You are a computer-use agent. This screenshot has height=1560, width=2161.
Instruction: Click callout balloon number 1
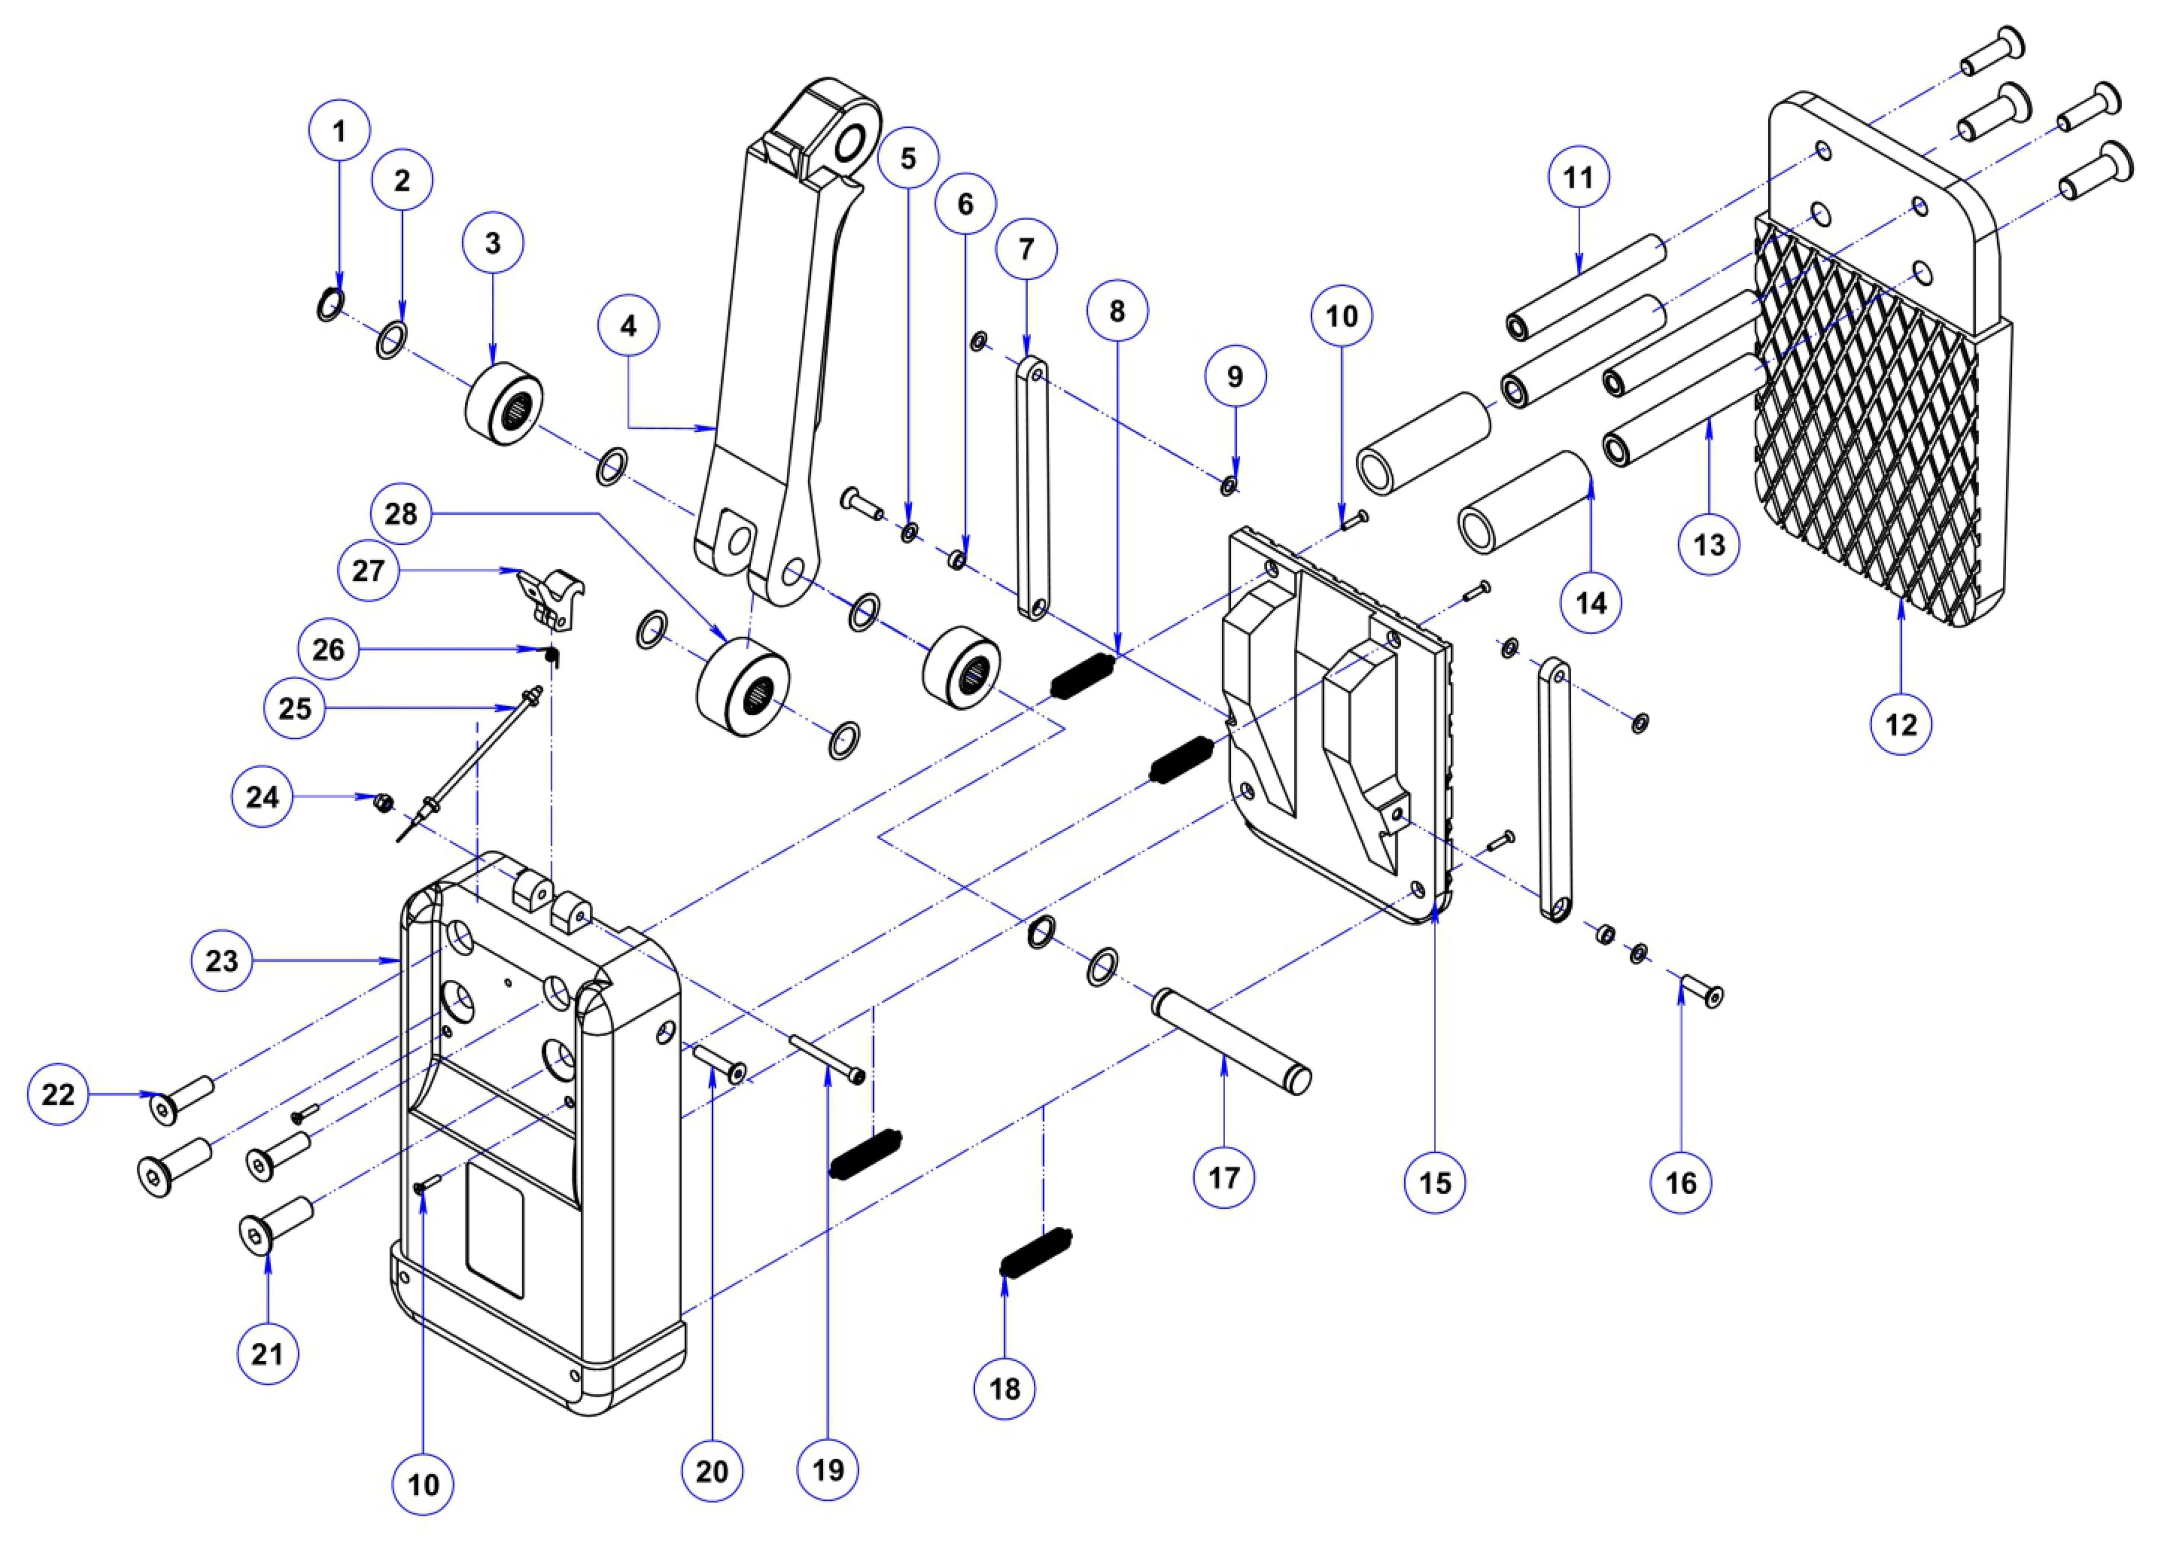coord(339,131)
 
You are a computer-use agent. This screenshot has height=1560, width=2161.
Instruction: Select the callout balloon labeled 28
coord(401,514)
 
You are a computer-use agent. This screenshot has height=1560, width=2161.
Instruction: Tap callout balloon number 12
coord(1901,724)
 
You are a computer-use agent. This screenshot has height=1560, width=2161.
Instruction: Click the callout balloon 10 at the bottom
coord(424,1484)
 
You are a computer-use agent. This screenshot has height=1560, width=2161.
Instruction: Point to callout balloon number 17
coord(1225,1178)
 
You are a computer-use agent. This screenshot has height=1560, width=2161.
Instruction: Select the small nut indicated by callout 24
coord(384,803)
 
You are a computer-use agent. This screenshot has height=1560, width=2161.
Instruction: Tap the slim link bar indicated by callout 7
coord(1032,488)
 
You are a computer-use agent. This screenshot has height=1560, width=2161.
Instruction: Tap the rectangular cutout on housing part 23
coord(495,1239)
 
